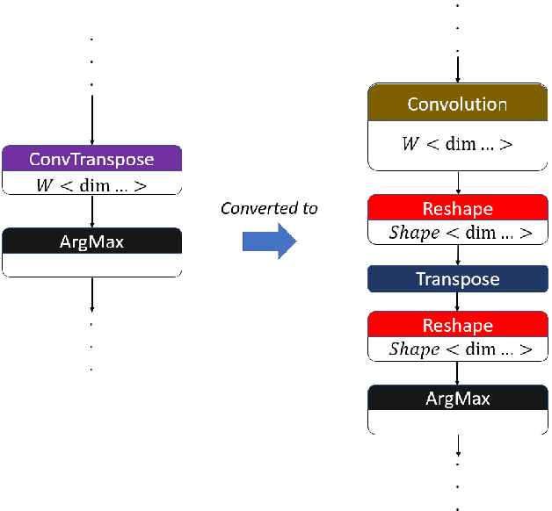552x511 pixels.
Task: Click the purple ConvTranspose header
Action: tap(91, 159)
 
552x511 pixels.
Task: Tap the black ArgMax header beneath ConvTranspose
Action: tap(91, 241)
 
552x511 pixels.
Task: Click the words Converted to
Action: tap(269, 208)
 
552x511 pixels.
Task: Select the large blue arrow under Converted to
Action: tap(270, 241)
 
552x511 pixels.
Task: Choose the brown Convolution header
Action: tap(457, 104)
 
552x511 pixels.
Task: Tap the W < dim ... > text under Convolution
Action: tap(457, 144)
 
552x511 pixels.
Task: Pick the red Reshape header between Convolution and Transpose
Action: tap(457, 209)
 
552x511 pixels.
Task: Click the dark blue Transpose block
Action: tap(457, 279)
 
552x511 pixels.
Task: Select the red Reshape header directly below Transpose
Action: tap(457, 326)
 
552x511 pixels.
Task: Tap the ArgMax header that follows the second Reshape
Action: tap(457, 398)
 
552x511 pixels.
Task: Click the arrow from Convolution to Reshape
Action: tap(457, 183)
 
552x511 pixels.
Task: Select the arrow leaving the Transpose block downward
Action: tap(457, 303)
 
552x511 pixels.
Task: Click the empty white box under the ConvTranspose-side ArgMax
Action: tap(91, 264)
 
